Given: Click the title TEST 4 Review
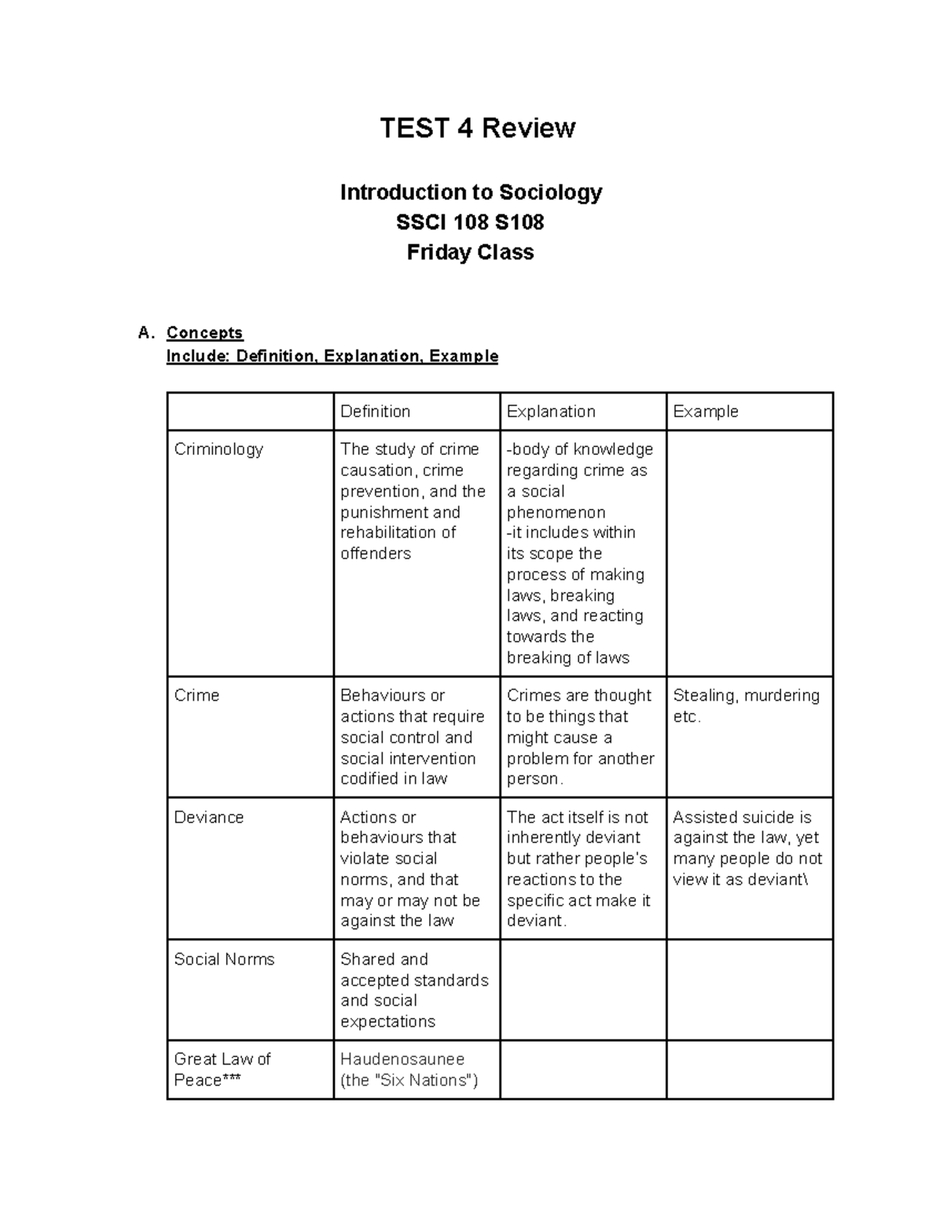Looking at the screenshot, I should tap(477, 127).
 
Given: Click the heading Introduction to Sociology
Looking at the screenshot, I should tap(471, 192).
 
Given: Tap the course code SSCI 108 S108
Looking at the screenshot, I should tap(470, 222).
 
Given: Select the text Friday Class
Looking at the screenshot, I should tap(470, 252).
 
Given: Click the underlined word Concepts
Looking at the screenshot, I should tap(204, 332).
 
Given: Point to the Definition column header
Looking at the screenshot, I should tap(375, 412).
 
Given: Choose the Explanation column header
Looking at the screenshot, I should tap(550, 412).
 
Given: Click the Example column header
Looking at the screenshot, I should tap(705, 412).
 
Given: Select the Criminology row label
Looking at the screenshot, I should tap(218, 449).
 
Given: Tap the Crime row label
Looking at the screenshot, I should tap(196, 695).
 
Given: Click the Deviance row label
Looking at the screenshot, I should tap(208, 817).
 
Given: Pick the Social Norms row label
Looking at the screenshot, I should tap(224, 959).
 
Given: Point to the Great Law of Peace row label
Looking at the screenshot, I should tap(222, 1069).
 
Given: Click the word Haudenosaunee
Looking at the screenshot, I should tap(402, 1059).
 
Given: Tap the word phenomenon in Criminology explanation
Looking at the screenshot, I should tap(556, 512).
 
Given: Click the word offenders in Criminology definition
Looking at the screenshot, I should tap(375, 554).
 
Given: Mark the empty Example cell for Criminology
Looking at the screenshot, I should tap(749, 553).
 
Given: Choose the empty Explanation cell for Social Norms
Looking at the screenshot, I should tap(582, 990).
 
